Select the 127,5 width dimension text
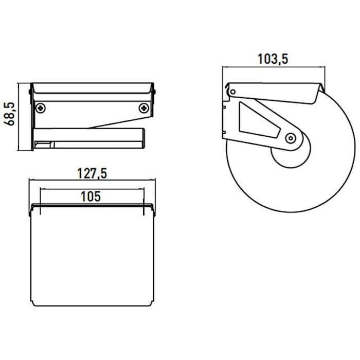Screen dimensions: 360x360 point(92,174)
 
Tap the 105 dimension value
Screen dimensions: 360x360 point(91,195)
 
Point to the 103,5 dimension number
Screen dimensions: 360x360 point(273,59)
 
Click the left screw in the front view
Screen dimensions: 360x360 point(41,108)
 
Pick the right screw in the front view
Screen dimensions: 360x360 point(145,108)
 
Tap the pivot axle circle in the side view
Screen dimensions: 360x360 point(291,137)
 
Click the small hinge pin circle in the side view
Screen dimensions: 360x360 point(233,92)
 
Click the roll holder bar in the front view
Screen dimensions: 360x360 point(93,139)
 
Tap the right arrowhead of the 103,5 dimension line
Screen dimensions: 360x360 point(322,67)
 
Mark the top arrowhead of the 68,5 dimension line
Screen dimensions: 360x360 point(19,85)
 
